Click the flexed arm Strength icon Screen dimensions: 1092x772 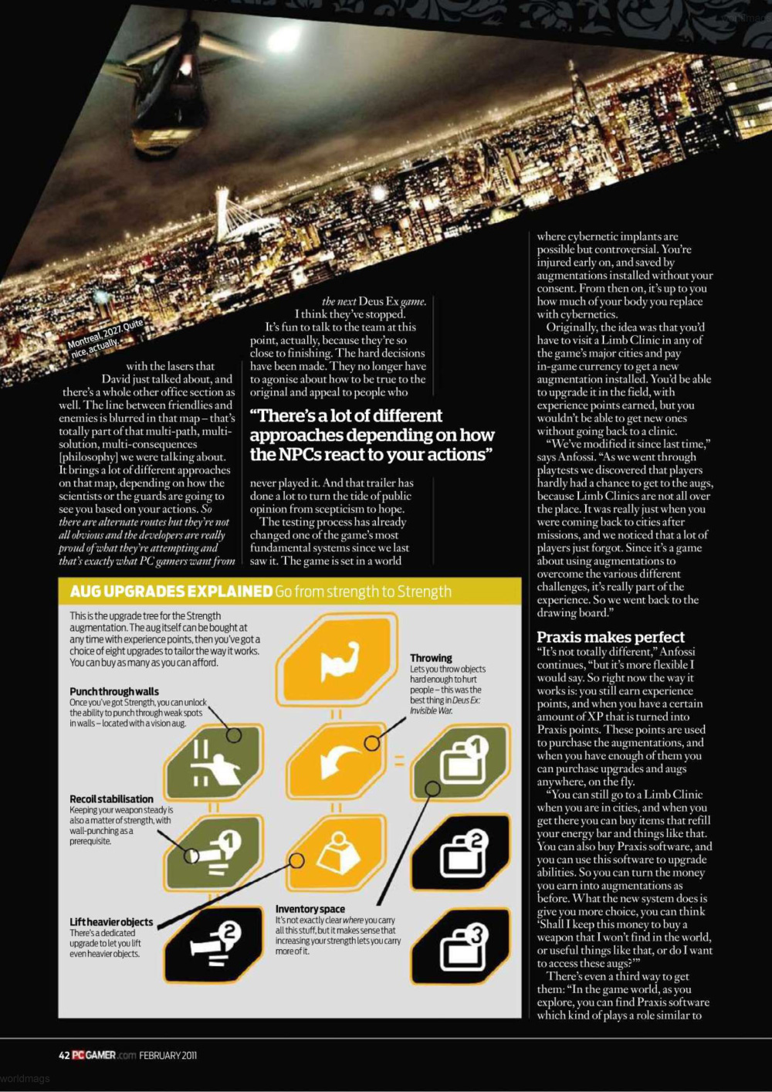(x=338, y=660)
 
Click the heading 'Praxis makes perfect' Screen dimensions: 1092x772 (x=611, y=637)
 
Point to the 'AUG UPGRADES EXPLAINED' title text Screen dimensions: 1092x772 (x=171, y=592)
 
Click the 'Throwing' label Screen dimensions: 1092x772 (x=431, y=658)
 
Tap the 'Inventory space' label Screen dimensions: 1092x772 (x=310, y=909)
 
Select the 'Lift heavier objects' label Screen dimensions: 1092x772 (x=111, y=922)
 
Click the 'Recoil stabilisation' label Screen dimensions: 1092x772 (x=111, y=799)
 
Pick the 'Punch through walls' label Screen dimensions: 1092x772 (x=114, y=692)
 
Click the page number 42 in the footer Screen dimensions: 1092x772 (x=64, y=1055)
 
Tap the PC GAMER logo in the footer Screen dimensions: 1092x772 (x=94, y=1055)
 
